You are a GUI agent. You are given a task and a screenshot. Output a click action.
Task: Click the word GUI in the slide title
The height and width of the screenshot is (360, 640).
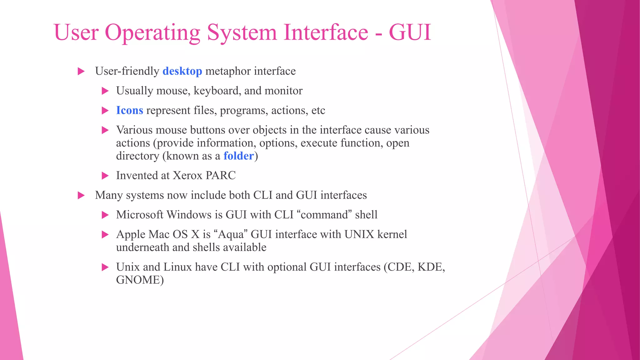[x=410, y=32]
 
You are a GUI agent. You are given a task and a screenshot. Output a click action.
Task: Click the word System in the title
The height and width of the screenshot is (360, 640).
[x=242, y=33]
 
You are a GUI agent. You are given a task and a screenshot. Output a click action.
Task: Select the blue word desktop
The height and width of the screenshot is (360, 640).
[x=182, y=71]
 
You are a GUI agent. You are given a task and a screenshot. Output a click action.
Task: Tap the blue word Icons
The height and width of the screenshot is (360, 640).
[x=129, y=110]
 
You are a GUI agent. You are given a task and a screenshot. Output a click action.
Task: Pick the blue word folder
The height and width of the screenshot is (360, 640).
[x=238, y=156]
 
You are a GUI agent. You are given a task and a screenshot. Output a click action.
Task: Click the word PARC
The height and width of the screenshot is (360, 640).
[x=221, y=175]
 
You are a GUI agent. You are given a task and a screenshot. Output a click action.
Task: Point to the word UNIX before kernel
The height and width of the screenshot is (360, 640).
[x=359, y=234]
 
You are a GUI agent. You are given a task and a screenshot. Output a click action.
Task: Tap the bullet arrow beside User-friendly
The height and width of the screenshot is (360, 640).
[x=81, y=71]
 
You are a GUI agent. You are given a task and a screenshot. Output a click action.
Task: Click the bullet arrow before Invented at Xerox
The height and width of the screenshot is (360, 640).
[x=105, y=176]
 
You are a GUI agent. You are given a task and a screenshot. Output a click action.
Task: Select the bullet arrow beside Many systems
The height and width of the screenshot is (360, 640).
[x=81, y=196]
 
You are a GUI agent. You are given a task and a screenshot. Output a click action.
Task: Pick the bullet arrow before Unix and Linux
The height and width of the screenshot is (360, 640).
[x=105, y=267]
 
